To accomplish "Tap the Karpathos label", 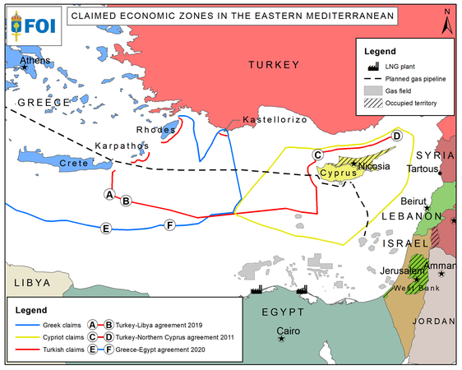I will pos(121,146).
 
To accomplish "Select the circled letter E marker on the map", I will pos(105,228).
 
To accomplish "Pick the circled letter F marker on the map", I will pos(170,225).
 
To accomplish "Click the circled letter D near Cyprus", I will pos(396,136).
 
